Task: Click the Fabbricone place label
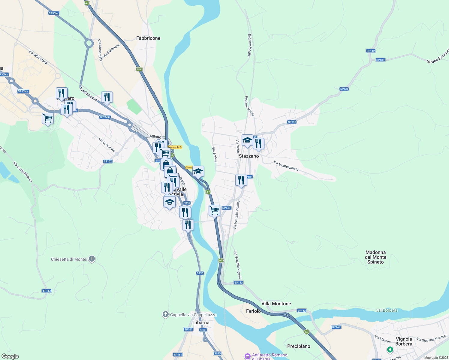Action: [x=148, y=38]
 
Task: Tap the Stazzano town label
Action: [x=249, y=156]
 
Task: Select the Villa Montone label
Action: [x=276, y=304]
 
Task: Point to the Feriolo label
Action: [x=253, y=311]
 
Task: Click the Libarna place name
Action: [x=201, y=322]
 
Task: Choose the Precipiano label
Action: [x=299, y=346]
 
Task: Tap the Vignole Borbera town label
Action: [x=404, y=341]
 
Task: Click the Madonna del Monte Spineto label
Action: [x=375, y=257]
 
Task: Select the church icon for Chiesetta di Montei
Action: [x=92, y=259]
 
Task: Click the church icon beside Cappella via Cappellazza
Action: [x=165, y=314]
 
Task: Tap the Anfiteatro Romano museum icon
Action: [x=248, y=356]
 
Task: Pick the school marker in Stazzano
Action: [x=247, y=140]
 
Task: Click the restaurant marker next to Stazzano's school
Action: [x=258, y=144]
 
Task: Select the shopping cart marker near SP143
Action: [x=215, y=210]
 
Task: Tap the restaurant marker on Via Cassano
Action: [x=107, y=97]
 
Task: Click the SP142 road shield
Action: [x=371, y=51]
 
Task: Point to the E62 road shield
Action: [x=139, y=69]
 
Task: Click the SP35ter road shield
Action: [x=54, y=13]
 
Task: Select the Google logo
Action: [x=10, y=356]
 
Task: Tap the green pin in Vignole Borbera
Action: [x=390, y=349]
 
